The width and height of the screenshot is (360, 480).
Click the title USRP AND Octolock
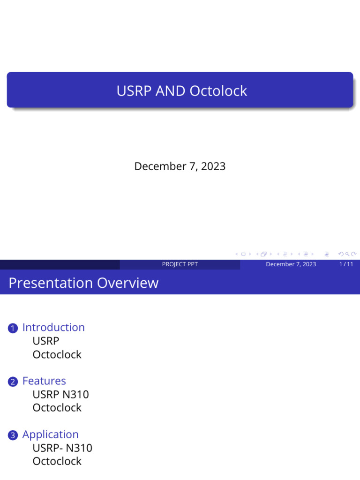point(181,90)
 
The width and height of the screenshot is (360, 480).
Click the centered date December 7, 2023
point(180,166)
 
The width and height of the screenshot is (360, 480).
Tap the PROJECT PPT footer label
point(180,264)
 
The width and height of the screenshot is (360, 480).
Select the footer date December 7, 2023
point(291,264)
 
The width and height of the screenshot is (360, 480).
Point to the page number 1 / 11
point(346,264)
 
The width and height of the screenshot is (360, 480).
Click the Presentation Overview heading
point(83,283)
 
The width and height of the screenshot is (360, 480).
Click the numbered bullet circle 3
point(13,436)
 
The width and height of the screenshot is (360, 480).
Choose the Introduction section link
point(53,327)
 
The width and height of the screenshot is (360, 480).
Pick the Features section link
point(44,381)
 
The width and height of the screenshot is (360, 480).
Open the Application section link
point(51,435)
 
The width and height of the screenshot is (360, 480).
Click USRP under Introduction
point(46,341)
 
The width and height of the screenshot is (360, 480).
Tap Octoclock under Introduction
point(57,354)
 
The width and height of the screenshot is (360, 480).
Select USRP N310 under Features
point(60,394)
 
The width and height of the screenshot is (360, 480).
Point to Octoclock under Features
point(57,407)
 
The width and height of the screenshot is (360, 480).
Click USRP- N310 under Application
point(62,448)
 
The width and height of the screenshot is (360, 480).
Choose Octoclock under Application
point(57,461)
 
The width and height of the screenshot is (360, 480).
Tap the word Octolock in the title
point(218,90)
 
